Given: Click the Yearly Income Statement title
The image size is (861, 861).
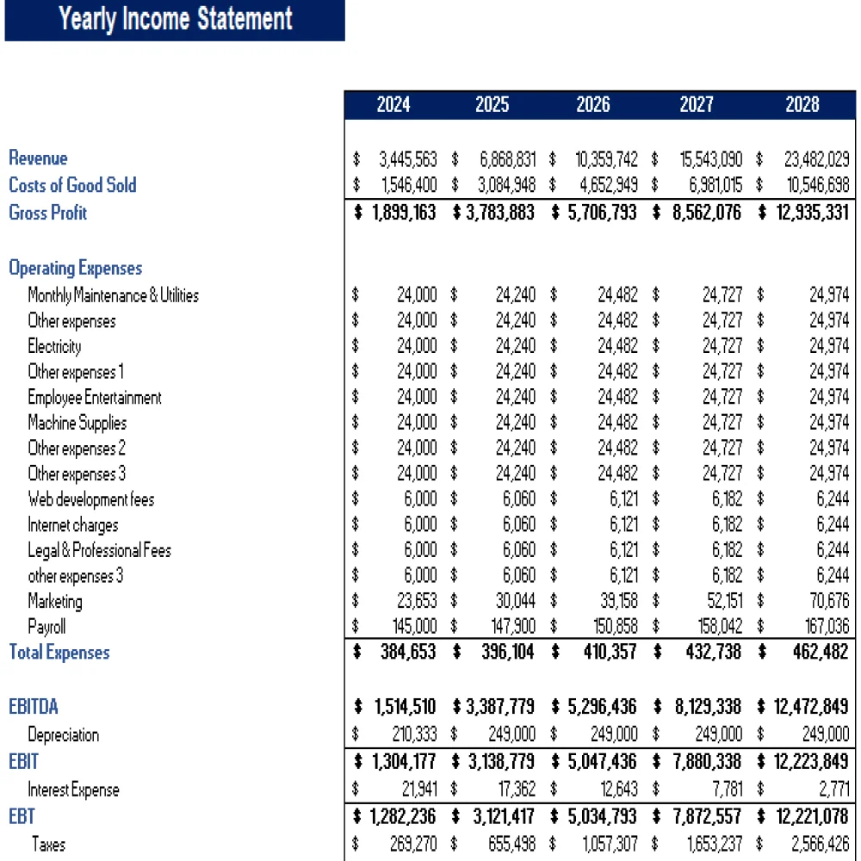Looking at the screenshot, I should tap(176, 19).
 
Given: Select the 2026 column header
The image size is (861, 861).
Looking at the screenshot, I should tap(592, 105).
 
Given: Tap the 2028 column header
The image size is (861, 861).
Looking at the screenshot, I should tap(802, 105).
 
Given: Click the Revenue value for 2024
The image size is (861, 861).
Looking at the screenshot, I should tap(407, 159).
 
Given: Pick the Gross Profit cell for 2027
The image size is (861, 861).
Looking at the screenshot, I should tap(706, 213).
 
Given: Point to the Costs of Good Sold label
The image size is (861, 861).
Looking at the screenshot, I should tap(72, 185).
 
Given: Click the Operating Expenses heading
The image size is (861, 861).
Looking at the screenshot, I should tap(75, 268).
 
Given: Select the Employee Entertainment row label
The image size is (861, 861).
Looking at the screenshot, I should tap(94, 398).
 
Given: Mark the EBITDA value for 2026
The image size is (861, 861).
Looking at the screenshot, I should tap(602, 707).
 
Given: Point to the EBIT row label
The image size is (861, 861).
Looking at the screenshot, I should tap(23, 762).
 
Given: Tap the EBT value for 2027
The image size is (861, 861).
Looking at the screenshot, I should tap(706, 816).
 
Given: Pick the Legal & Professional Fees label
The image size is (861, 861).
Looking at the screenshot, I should tap(99, 550).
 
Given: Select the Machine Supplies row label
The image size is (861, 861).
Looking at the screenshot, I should tap(77, 423).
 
